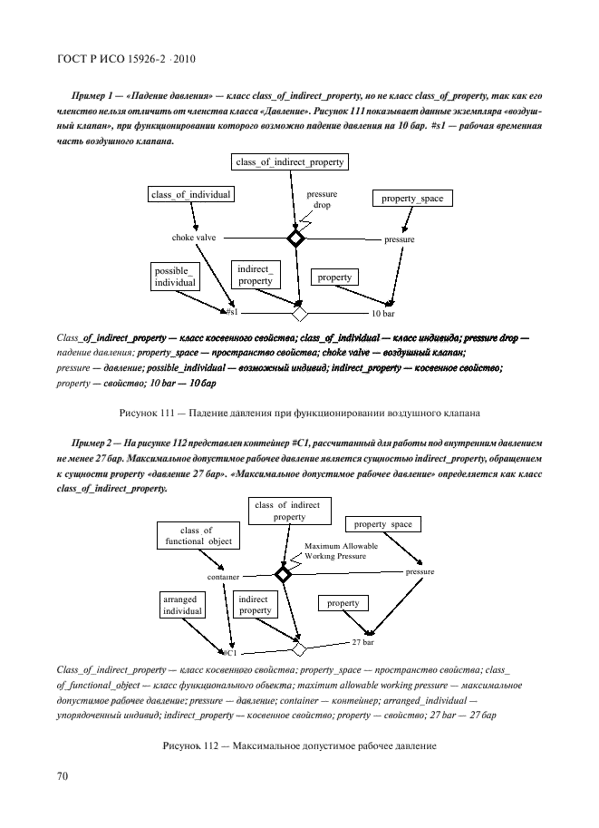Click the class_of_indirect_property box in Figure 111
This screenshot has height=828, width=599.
point(290,162)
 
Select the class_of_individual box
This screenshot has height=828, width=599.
point(191,194)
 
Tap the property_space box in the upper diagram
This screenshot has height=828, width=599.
point(412,199)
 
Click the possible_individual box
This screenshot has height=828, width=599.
point(175,277)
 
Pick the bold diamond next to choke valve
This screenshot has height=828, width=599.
point(295,239)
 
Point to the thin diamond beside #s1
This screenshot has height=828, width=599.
point(299,314)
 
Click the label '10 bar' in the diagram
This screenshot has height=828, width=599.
point(382,314)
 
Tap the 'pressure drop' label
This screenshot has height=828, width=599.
point(322,200)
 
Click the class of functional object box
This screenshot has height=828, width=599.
point(198,536)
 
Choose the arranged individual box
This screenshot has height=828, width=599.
point(182,606)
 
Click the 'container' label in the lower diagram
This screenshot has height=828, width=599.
point(223,577)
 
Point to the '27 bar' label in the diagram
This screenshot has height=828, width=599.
point(362,642)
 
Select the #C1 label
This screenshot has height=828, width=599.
point(229,652)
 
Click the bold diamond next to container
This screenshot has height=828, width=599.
point(283,574)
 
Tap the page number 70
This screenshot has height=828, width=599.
point(63,776)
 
